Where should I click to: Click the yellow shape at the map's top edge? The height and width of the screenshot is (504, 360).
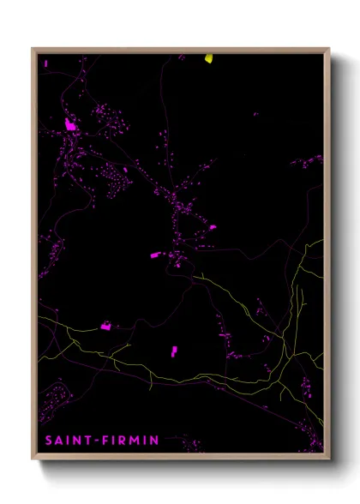(208, 58)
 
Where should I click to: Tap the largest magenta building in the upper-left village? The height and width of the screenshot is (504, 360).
(70, 125)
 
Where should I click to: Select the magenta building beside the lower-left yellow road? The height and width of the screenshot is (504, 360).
(106, 326)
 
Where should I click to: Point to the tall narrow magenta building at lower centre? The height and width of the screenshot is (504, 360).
(173, 351)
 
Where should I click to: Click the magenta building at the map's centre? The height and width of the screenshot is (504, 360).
(157, 255)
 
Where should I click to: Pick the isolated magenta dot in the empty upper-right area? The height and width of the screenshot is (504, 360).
(255, 114)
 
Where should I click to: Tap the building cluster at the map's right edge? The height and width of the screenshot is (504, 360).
(307, 161)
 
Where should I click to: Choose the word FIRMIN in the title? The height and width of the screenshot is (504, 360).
(133, 441)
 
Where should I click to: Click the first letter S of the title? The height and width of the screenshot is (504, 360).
(46, 441)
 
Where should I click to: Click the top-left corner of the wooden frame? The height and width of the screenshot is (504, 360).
(33, 49)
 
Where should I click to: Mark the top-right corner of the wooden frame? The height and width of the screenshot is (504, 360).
(329, 49)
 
